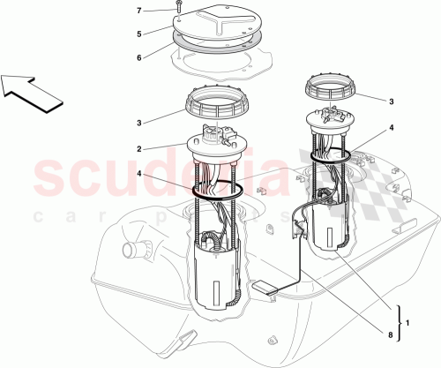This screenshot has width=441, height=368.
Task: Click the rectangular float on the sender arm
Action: point(264,287)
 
